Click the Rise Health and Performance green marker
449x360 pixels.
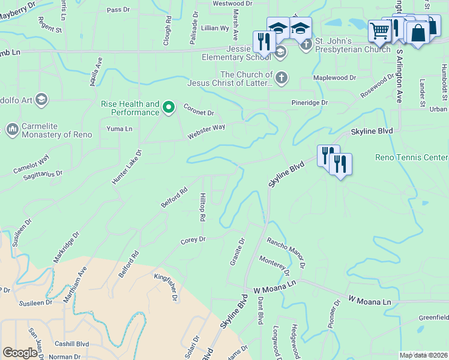click(169, 108)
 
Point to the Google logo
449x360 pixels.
click(20, 353)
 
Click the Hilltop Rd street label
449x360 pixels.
click(203, 206)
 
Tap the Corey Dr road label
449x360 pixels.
click(193, 240)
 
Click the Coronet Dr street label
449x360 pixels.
click(199, 111)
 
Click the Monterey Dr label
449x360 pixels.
click(274, 263)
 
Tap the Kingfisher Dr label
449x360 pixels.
click(166, 287)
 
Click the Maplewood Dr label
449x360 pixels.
click(335, 78)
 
